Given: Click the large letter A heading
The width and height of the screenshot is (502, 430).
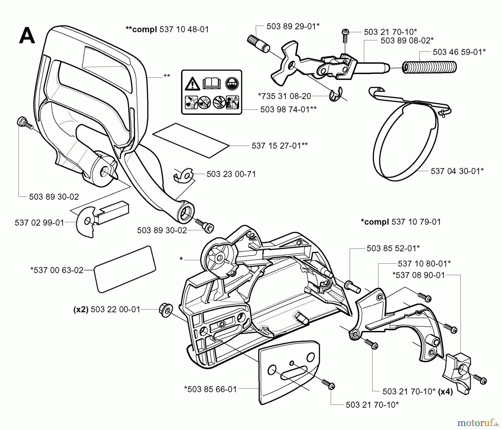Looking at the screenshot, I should pyautogui.click(x=27, y=36).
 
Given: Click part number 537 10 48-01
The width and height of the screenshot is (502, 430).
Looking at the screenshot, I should pyautogui.click(x=184, y=29).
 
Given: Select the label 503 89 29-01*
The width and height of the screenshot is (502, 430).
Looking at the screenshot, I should pyautogui.click(x=293, y=26).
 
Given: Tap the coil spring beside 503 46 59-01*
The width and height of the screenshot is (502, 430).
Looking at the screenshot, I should pyautogui.click(x=429, y=67).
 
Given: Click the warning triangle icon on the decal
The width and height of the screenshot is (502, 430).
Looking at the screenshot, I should pyautogui.click(x=192, y=84).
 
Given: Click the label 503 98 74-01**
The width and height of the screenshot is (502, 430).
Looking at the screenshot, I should pyautogui.click(x=288, y=109).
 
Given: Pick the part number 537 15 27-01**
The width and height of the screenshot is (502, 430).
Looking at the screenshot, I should pyautogui.click(x=279, y=145).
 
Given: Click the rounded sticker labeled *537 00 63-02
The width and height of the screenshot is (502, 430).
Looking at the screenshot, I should pyautogui.click(x=125, y=269).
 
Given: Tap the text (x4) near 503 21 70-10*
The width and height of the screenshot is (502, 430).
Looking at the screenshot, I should pyautogui.click(x=445, y=392).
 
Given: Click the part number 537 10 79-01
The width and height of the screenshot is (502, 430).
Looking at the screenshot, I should pyautogui.click(x=416, y=222).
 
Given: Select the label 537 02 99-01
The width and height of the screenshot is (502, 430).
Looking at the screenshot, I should pyautogui.click(x=39, y=223).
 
